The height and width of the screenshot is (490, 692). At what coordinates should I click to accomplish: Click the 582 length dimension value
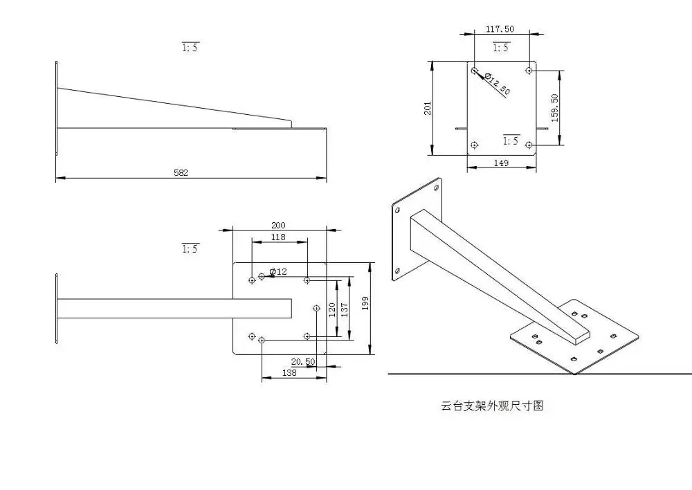(181, 173)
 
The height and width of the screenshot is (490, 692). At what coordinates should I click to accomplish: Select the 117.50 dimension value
(499, 29)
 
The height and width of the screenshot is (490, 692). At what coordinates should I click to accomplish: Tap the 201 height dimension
(428, 108)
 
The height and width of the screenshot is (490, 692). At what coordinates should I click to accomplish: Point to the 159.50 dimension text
(555, 108)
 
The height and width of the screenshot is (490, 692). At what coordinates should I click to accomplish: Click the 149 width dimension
(502, 163)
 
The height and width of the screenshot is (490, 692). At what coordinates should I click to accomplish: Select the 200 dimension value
(278, 225)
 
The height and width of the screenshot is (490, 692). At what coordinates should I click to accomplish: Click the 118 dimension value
(278, 237)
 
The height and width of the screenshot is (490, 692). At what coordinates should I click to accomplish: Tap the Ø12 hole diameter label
(278, 271)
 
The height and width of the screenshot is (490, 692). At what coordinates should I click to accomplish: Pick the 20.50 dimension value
(303, 362)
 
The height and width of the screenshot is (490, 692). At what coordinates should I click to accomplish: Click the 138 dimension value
(290, 373)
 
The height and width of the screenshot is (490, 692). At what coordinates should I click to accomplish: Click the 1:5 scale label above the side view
(190, 48)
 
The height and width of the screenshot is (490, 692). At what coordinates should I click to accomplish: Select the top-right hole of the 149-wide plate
(529, 70)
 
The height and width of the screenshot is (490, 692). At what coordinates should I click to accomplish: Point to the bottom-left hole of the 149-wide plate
(474, 145)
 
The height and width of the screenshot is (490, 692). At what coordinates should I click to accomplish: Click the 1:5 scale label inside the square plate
(511, 140)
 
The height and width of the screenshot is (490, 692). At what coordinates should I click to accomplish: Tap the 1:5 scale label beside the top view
(190, 248)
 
